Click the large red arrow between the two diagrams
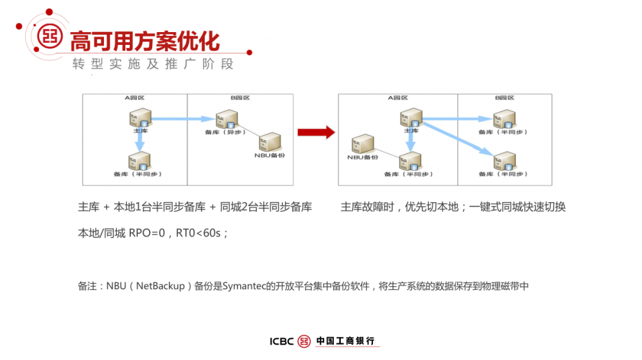pos(316,133)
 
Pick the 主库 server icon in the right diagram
pos(410,118)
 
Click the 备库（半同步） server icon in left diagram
pos(139,160)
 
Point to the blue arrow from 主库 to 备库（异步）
pos(183,119)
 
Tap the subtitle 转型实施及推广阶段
pos(153,64)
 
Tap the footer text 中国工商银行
pos(345,341)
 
